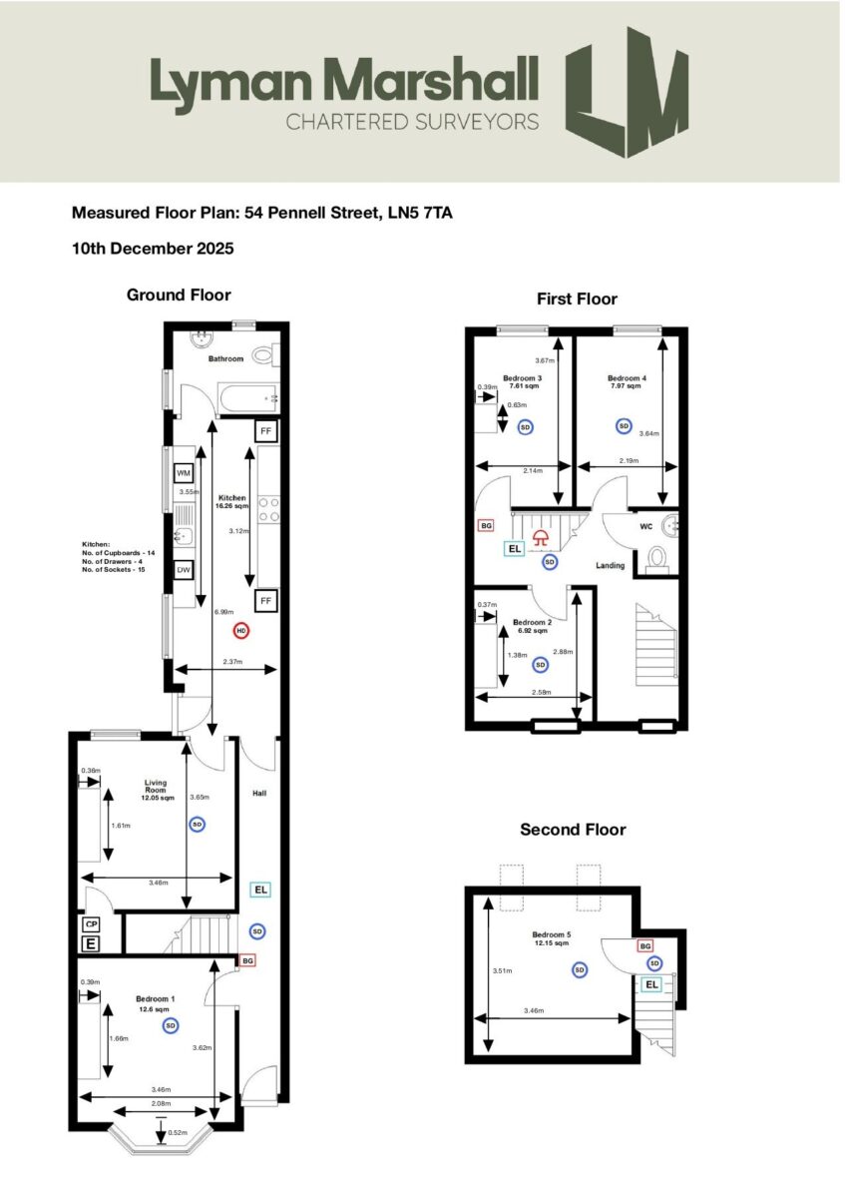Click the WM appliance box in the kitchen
click(x=185, y=472)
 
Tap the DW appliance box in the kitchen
click(x=185, y=570)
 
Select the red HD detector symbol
click(x=240, y=630)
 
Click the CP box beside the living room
click(x=91, y=923)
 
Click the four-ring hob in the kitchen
click(x=268, y=511)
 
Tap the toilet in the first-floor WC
click(x=657, y=557)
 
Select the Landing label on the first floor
click(x=610, y=565)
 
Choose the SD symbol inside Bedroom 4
click(x=624, y=426)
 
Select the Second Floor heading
click(x=572, y=830)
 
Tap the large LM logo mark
click(x=627, y=92)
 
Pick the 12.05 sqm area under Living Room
click(x=155, y=798)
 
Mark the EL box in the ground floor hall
click(x=258, y=889)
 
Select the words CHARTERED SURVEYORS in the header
click(x=412, y=122)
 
